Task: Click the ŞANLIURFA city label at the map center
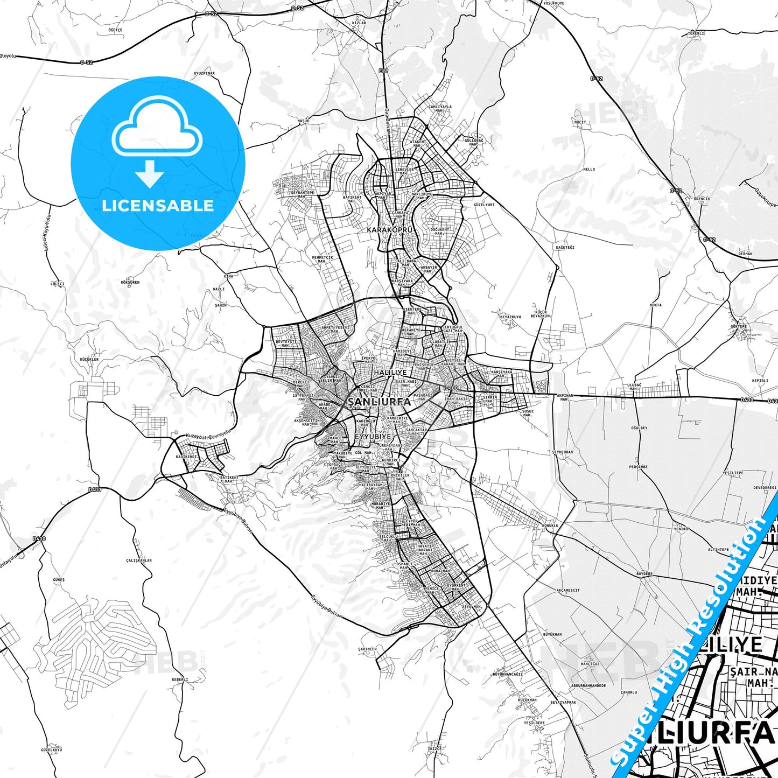click(379, 402)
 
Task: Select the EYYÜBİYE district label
click(372, 437)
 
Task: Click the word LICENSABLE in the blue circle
click(158, 206)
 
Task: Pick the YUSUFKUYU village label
click(553, 3)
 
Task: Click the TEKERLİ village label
click(695, 33)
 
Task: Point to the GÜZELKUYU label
click(52, 749)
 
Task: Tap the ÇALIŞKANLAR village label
click(139, 560)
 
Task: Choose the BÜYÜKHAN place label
click(552, 634)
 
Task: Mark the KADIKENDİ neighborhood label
click(187, 457)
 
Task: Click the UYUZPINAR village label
click(204, 73)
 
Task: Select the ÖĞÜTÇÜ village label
click(115, 31)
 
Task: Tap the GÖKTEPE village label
click(739, 326)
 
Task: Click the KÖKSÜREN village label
click(130, 282)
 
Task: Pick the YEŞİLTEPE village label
click(733, 473)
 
